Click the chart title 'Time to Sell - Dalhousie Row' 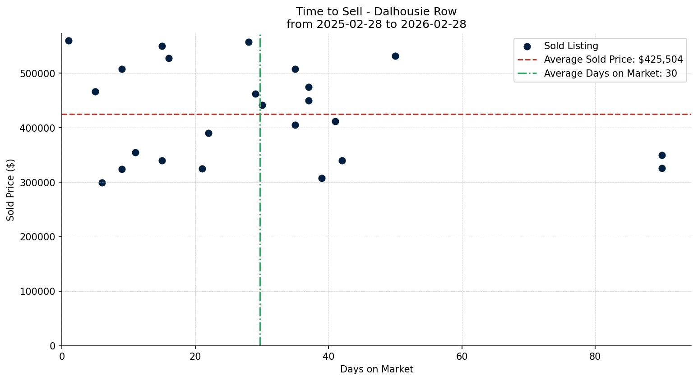click(376, 12)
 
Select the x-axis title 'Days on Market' click(376, 369)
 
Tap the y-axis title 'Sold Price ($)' click(11, 190)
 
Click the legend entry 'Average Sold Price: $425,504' click(613, 60)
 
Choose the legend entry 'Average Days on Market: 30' click(610, 73)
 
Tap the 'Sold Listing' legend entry click(571, 46)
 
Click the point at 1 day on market click(69, 41)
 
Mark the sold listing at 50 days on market click(395, 56)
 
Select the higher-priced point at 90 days click(662, 156)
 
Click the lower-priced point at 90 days click(662, 169)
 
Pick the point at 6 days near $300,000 click(102, 183)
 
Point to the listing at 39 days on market click(322, 179)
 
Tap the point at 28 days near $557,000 click(249, 42)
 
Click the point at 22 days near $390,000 click(208, 133)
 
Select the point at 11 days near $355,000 click(135, 153)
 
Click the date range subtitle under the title click(376, 24)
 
